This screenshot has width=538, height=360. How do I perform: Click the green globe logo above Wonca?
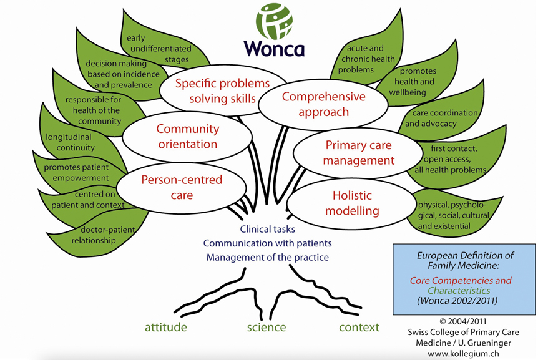pyautogui.click(x=274, y=22)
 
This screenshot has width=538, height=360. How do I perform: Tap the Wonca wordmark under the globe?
pyautogui.click(x=274, y=48)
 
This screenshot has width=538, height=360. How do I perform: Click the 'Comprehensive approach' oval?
pyautogui.click(x=315, y=104)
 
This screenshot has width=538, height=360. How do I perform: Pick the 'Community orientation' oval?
pyautogui.click(x=187, y=137)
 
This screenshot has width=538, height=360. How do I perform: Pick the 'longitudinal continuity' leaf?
pyautogui.click(x=70, y=142)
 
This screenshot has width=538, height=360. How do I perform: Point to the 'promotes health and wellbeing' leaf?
pyautogui.click(x=417, y=82)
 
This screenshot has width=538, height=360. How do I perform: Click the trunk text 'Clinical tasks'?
pyautogui.click(x=267, y=229)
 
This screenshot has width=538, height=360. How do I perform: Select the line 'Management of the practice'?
pyautogui.click(x=268, y=256)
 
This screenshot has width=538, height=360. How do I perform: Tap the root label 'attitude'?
pyautogui.click(x=166, y=327)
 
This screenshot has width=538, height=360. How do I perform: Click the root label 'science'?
pyautogui.click(x=266, y=327)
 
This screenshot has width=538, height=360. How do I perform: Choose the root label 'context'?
pyautogui.click(x=359, y=327)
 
